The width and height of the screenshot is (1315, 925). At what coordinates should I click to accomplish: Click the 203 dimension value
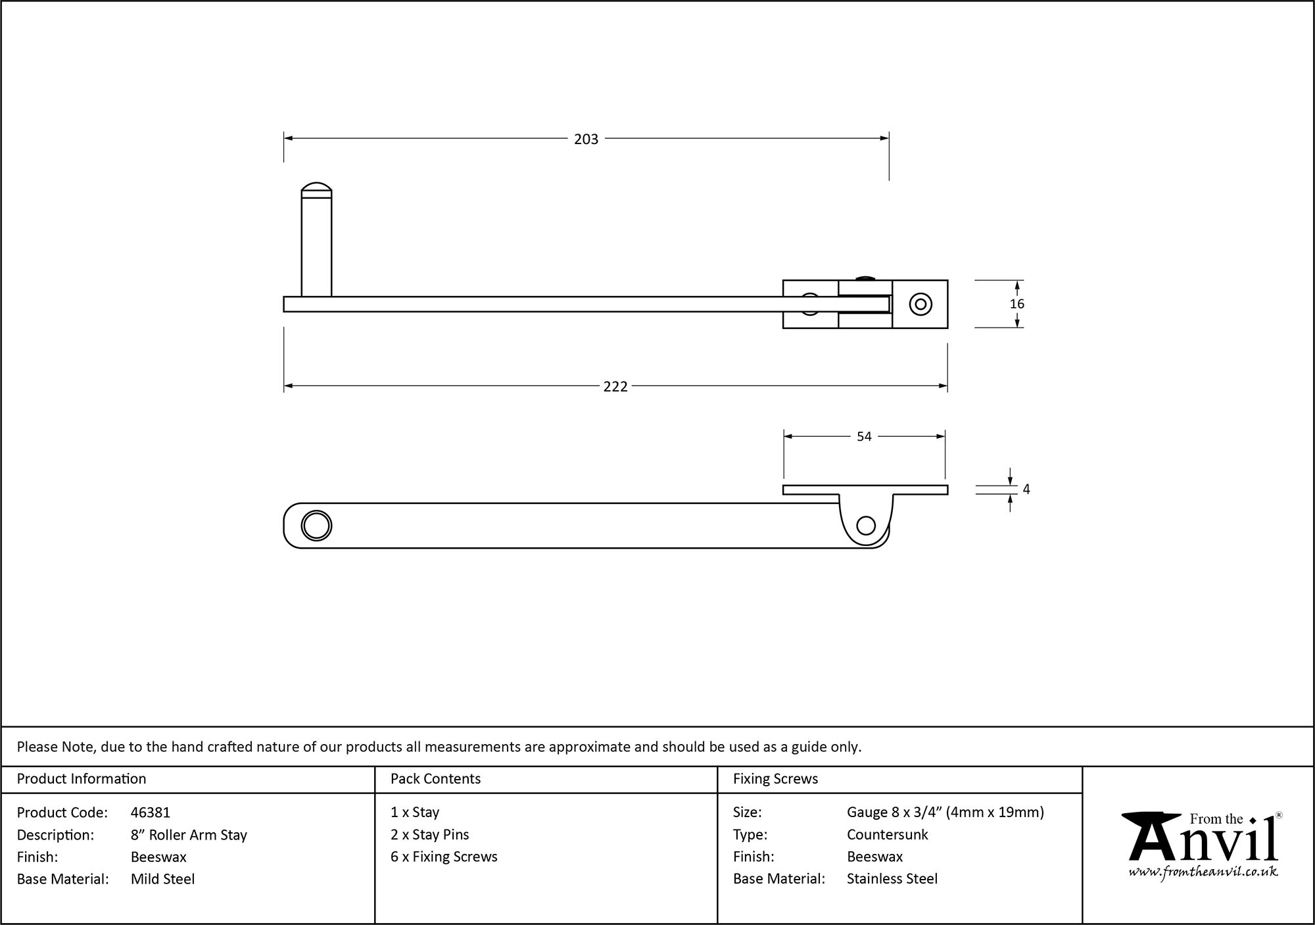tap(586, 139)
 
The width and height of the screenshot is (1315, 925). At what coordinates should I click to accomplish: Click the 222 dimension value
tap(615, 387)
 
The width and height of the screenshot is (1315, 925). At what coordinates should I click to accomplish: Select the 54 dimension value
tap(864, 437)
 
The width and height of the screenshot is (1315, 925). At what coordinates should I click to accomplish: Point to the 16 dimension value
tap(1016, 304)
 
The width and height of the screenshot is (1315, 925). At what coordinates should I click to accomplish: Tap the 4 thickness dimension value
tap(1026, 489)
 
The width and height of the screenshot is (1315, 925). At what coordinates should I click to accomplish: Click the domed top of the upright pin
tap(316, 187)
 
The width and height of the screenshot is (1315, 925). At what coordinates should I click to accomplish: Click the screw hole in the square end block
tap(920, 304)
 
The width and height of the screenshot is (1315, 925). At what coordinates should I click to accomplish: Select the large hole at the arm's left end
tap(316, 526)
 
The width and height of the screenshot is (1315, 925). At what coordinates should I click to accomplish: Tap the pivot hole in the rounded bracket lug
tap(867, 526)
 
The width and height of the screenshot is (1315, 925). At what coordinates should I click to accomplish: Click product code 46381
tap(151, 813)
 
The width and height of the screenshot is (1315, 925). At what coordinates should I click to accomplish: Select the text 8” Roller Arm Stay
tap(189, 835)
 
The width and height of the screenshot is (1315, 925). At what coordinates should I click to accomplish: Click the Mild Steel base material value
tap(162, 879)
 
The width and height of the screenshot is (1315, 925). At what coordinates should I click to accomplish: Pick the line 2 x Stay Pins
tap(429, 835)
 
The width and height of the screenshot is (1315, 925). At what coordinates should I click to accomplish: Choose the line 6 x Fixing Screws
tap(444, 857)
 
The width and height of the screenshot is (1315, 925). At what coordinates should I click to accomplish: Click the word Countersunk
tap(887, 835)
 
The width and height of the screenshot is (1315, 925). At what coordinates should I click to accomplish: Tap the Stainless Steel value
tap(892, 879)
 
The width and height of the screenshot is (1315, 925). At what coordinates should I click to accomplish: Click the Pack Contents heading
tap(435, 779)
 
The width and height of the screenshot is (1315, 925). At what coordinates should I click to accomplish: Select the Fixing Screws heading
tap(775, 779)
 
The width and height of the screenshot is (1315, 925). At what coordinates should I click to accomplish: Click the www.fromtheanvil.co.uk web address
tap(1203, 872)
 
